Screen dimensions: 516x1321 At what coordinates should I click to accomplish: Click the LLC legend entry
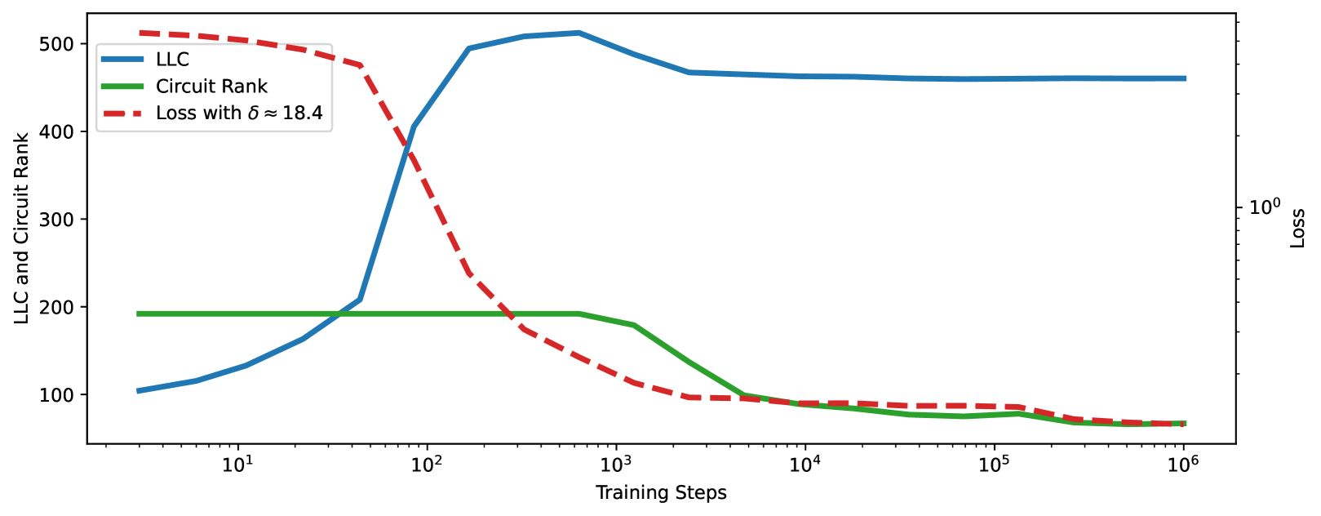[x=172, y=60]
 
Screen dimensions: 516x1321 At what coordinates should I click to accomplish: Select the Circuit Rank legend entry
[x=211, y=87]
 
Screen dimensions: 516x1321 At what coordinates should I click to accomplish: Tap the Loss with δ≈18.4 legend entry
[x=239, y=113]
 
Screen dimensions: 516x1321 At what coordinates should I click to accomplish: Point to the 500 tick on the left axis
[x=56, y=44]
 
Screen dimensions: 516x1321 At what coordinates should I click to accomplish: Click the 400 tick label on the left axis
[x=56, y=131]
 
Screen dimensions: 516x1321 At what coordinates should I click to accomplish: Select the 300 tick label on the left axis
[x=56, y=220]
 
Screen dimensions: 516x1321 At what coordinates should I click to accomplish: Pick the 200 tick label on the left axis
[x=56, y=308]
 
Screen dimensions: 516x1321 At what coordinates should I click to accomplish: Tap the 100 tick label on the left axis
[x=56, y=395]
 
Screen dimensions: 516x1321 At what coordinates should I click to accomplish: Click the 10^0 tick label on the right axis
[x=1266, y=207]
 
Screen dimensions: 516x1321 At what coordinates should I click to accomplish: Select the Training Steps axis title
[x=661, y=493]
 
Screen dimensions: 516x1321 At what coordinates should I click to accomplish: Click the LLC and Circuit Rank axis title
[x=22, y=229]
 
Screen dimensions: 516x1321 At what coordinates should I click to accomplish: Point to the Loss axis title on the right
[x=1298, y=229]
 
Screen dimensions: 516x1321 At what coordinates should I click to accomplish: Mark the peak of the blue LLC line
[x=578, y=33]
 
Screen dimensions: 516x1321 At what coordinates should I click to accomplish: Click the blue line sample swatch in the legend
[x=122, y=60]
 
